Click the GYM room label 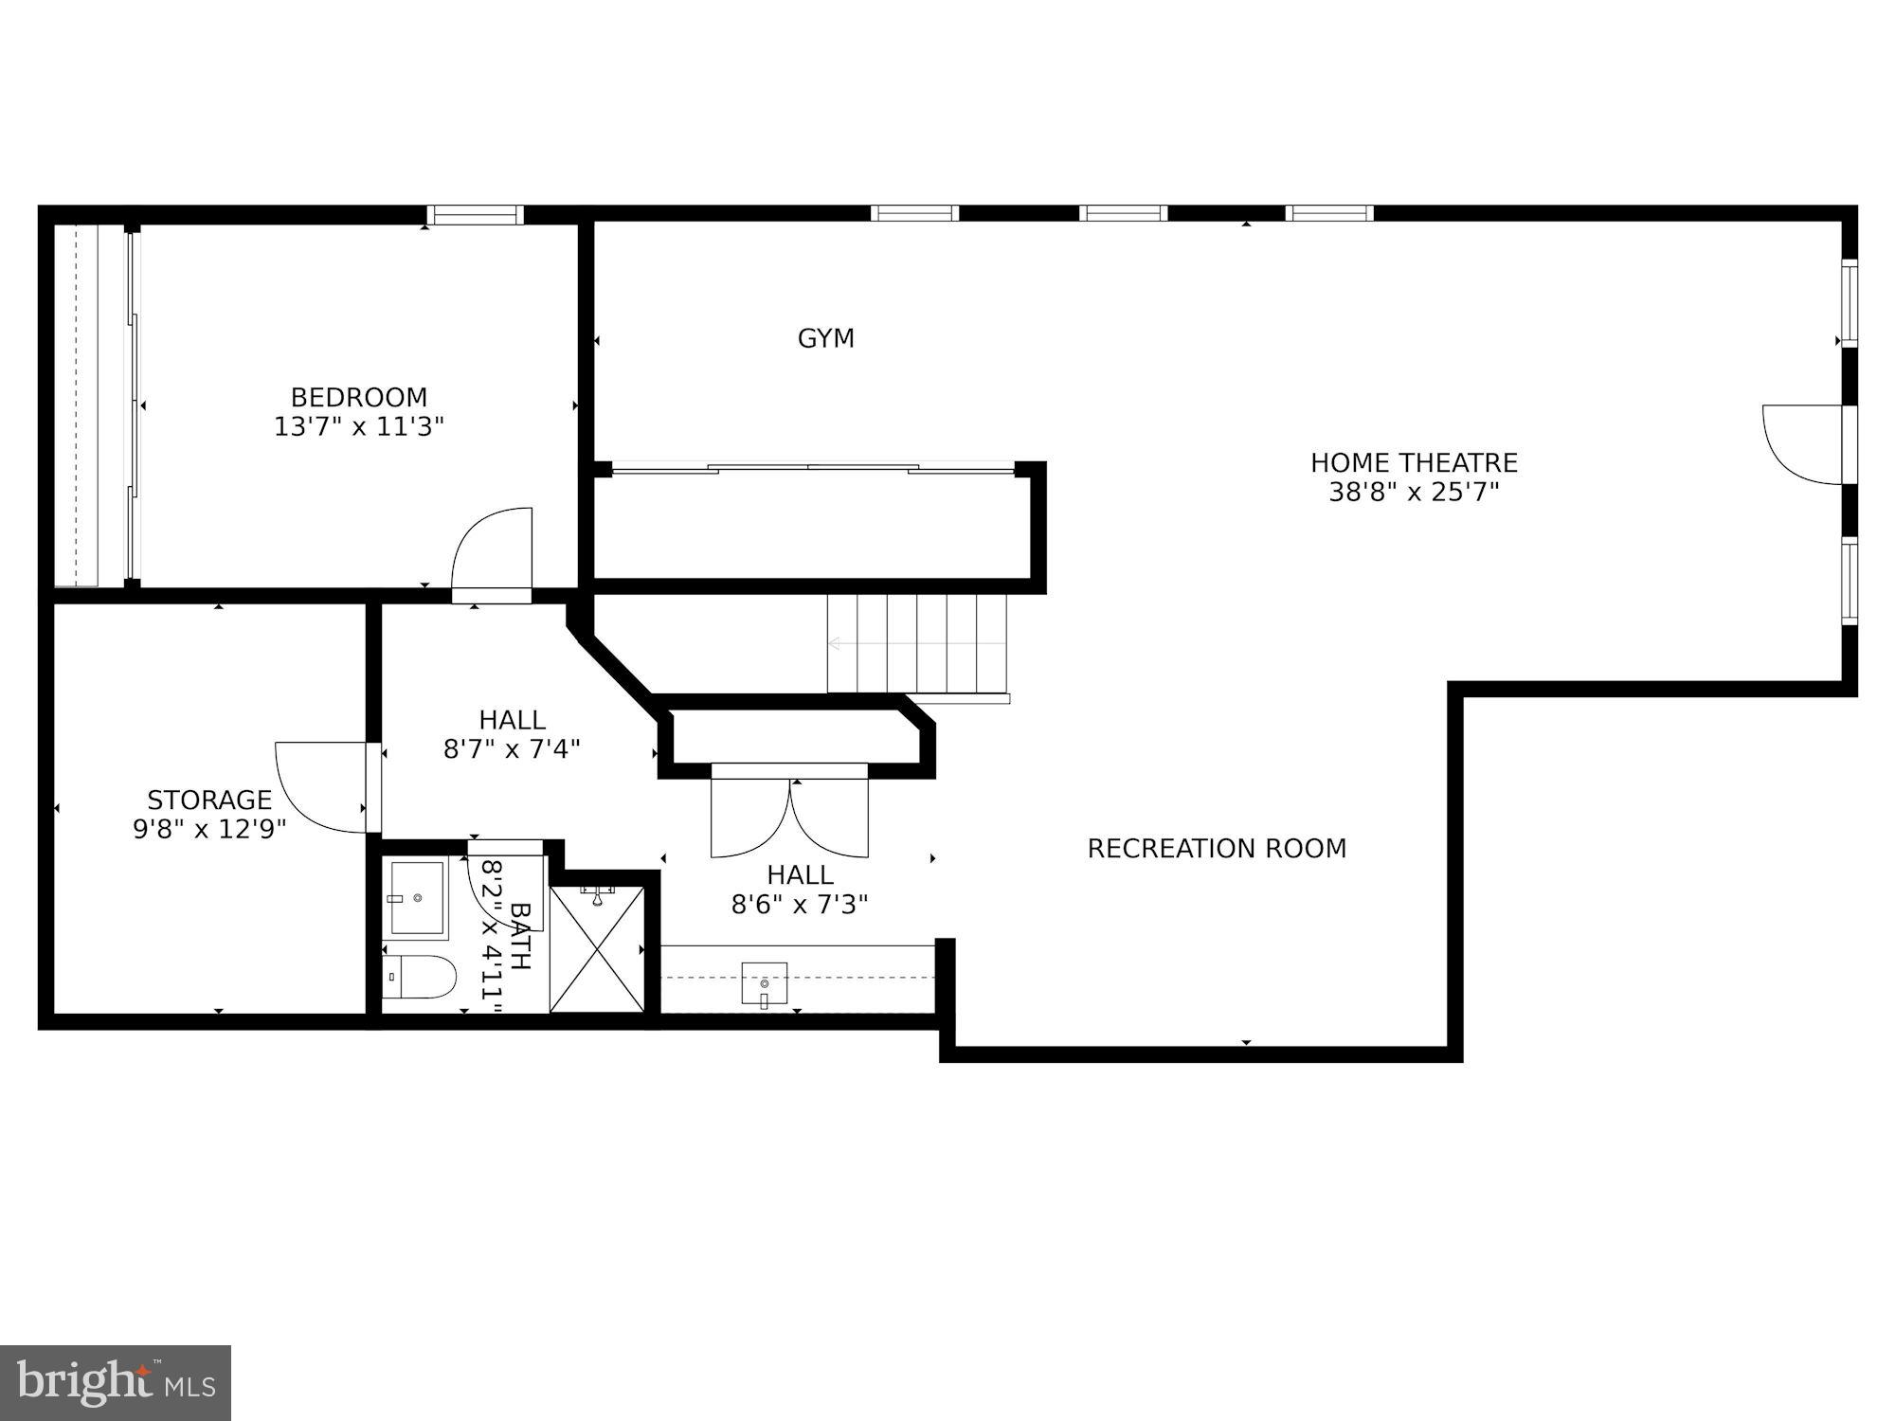point(825,338)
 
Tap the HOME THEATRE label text point(1414,463)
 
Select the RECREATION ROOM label point(1217,849)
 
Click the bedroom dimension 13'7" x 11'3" point(359,427)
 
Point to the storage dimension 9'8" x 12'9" point(209,830)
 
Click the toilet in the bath point(422,977)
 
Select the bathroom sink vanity point(417,898)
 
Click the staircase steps point(915,644)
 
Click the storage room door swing point(317,786)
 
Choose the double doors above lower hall point(789,815)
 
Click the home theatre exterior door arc point(1800,445)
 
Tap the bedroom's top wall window point(475,215)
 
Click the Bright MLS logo point(116,1383)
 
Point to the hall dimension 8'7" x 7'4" point(512,749)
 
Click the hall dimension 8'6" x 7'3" point(800,905)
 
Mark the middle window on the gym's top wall point(1123,213)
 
